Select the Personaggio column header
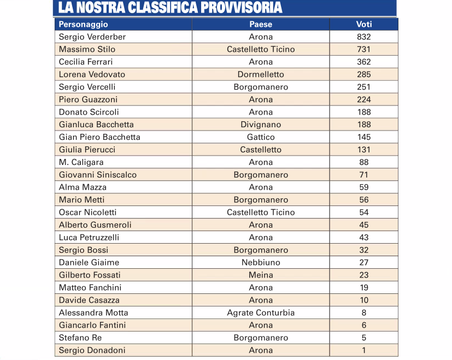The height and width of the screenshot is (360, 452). [84, 25]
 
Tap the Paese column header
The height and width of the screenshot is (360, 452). [261, 25]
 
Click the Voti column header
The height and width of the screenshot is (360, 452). [364, 25]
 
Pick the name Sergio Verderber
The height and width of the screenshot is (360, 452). [92, 37]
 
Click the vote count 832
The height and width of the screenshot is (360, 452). [364, 37]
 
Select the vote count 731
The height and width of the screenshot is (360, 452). [364, 50]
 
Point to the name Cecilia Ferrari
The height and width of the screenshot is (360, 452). [86, 62]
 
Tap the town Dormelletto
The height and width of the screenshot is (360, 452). [261, 75]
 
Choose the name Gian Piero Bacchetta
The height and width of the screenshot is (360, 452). [99, 137]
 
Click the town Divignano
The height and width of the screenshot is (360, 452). [261, 125]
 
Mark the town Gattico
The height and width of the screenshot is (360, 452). [261, 137]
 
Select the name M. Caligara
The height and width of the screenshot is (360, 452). [81, 162]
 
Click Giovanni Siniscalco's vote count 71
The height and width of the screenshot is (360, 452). [364, 175]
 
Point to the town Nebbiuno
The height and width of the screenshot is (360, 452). [261, 262]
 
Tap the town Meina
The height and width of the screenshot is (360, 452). [261, 275]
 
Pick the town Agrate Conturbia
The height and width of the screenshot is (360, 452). [261, 312]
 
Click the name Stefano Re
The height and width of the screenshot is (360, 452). [80, 338]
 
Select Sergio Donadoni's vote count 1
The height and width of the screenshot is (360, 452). [364, 350]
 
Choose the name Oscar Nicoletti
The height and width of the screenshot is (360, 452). [87, 213]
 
